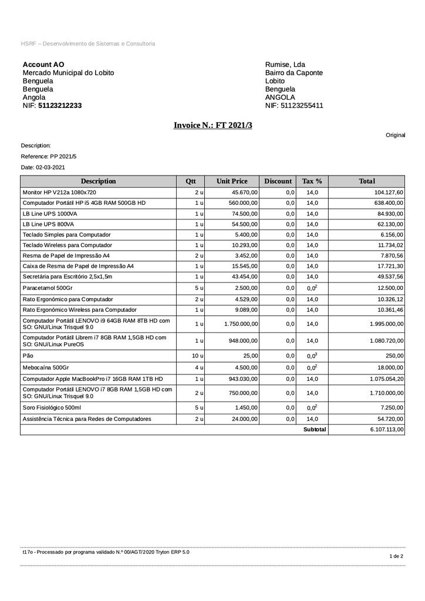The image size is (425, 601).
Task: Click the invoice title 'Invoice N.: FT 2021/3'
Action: click(212, 125)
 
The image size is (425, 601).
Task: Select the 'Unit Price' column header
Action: click(232, 181)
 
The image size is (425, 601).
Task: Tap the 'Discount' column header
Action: click(278, 181)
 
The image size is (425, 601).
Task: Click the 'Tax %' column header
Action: click(312, 181)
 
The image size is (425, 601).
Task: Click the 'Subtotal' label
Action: click(315, 430)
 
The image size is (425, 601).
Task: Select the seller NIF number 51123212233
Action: click(60, 106)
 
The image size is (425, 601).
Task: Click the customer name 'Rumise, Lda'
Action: click(285, 65)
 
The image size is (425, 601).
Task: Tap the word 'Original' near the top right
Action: click(395, 135)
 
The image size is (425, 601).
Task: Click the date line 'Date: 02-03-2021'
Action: click(43, 168)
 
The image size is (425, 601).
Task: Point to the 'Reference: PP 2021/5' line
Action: click(49, 157)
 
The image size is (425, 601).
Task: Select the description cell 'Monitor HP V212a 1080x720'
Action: click(59, 193)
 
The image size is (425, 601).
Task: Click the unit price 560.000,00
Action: click(241, 203)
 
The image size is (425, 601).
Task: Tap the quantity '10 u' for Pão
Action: click(198, 356)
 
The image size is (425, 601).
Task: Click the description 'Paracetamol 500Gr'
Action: click(48, 288)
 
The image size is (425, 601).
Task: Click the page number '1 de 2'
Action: click(397, 556)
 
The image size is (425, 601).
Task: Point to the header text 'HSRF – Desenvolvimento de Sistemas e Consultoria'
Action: click(88, 44)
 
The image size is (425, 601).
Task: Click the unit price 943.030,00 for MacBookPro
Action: click(241, 379)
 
